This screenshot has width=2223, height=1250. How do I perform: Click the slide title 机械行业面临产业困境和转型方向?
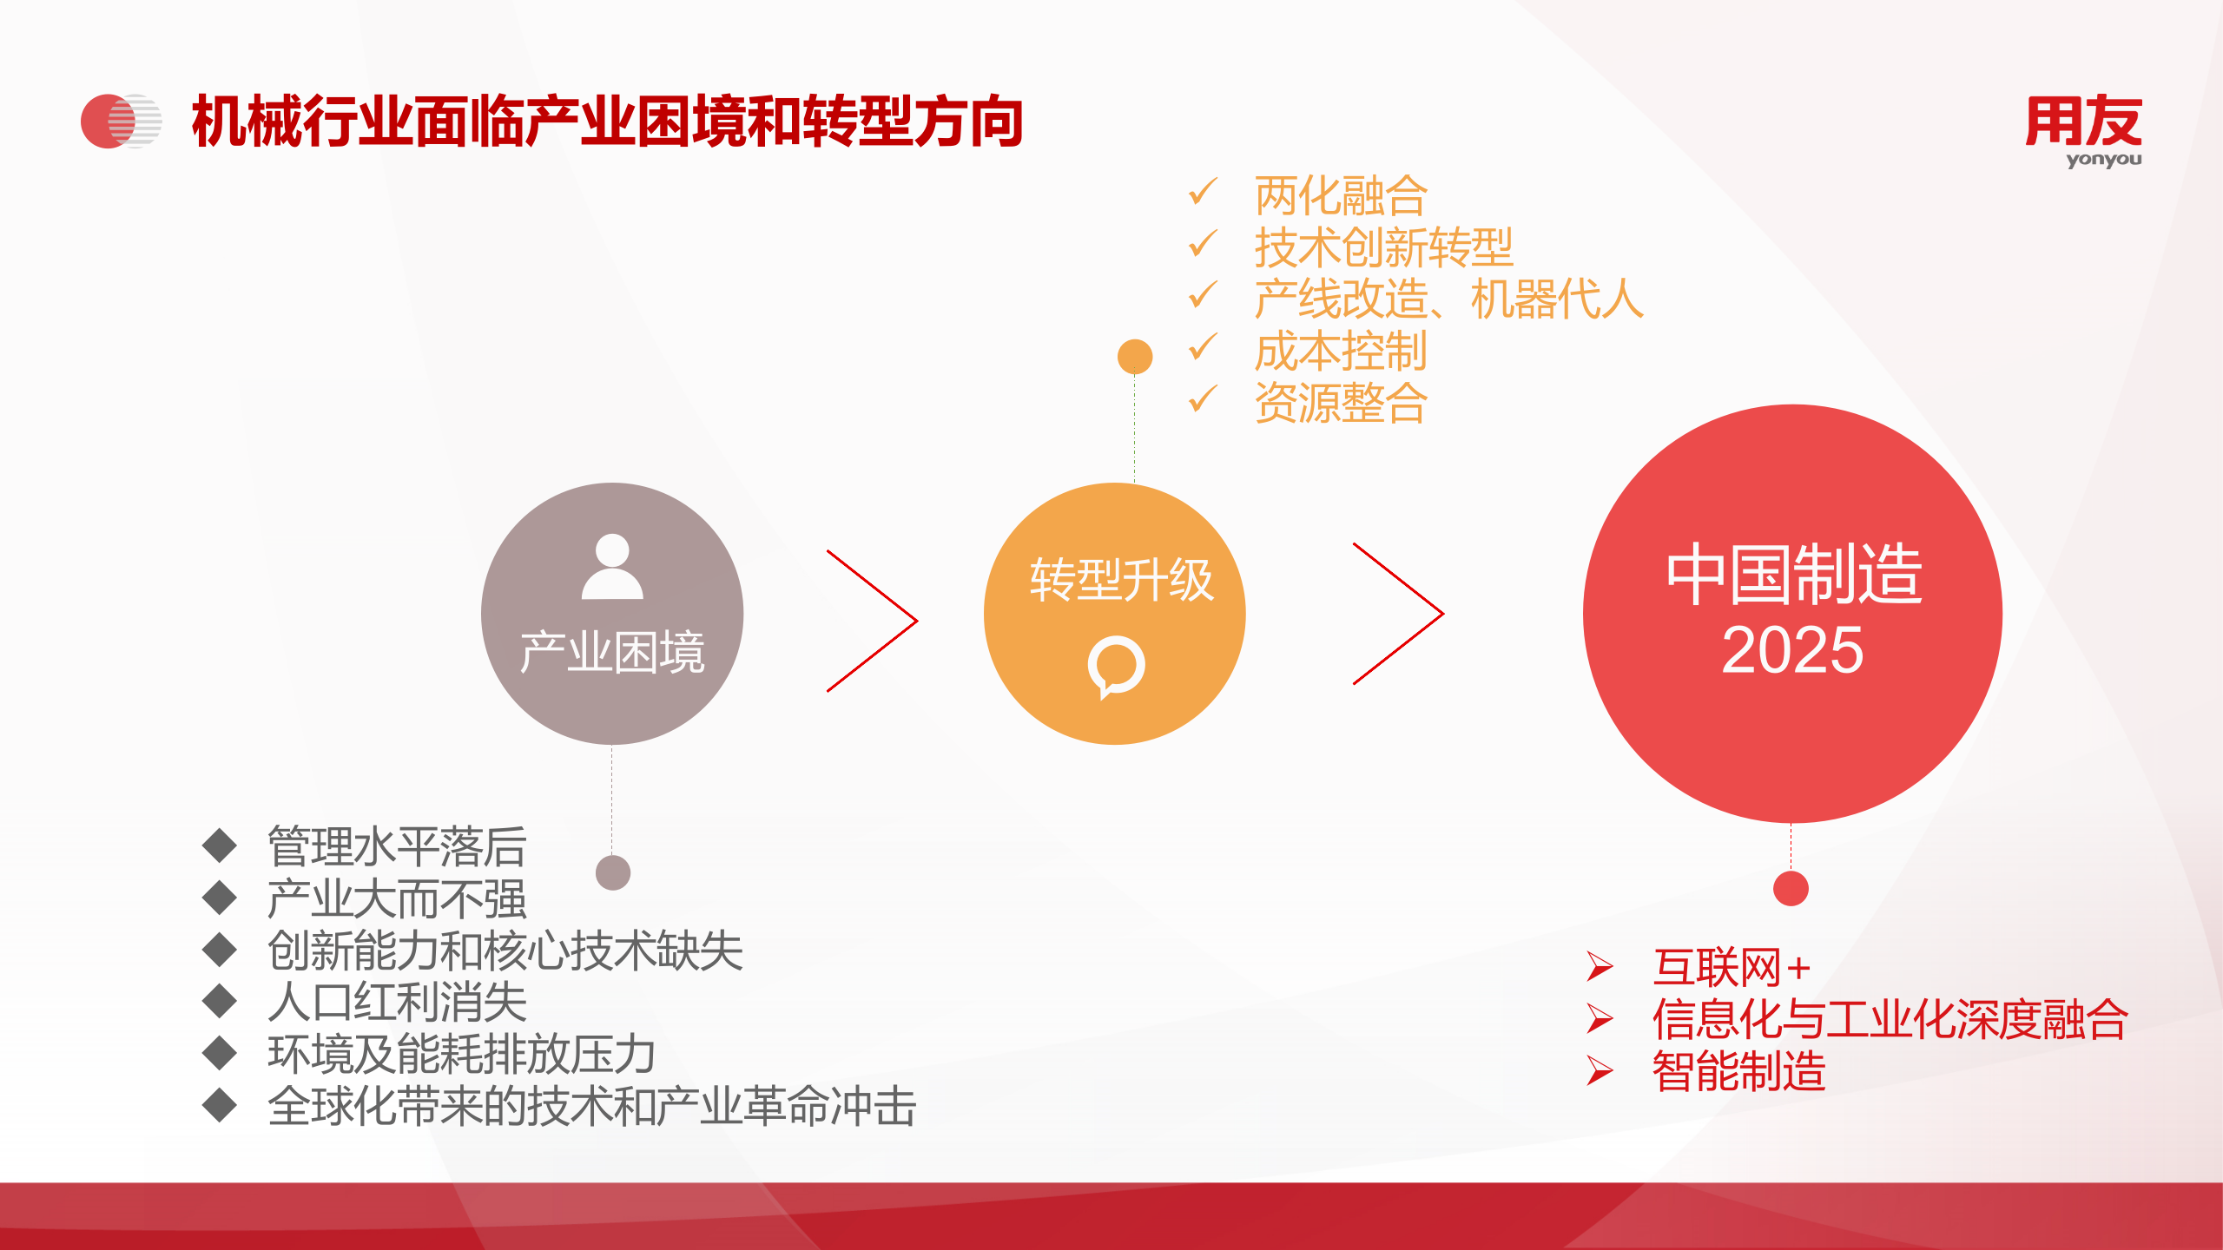607,122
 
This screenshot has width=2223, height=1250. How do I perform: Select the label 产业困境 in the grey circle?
612,652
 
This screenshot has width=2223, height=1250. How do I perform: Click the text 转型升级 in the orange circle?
1121,580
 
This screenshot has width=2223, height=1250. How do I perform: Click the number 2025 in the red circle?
1792,650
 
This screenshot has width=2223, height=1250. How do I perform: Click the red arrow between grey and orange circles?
872,620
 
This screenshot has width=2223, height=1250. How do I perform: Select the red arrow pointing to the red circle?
1398,614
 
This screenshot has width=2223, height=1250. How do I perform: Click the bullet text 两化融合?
1341,195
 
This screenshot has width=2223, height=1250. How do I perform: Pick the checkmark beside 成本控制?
1204,348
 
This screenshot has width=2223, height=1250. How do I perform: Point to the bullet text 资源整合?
1341,403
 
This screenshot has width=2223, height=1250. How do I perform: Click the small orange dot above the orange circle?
1135,357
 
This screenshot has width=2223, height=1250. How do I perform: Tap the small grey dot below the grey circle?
613,872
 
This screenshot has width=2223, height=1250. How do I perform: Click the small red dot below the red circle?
1791,888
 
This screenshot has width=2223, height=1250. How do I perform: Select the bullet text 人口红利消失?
397,1003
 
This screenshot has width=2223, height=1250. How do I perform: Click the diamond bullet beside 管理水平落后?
220,845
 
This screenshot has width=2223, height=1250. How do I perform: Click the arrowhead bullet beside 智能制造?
1600,1070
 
